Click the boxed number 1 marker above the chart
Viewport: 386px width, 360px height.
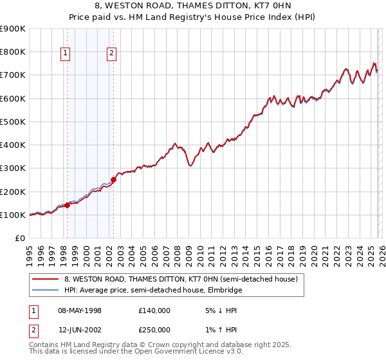click(x=66, y=54)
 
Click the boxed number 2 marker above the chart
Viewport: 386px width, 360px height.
click(x=112, y=54)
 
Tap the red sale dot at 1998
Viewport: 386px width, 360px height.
click(x=67, y=206)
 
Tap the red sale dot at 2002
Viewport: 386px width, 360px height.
click(x=113, y=180)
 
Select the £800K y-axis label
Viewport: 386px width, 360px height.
click(x=13, y=51)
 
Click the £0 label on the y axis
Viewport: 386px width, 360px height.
click(x=19, y=239)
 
